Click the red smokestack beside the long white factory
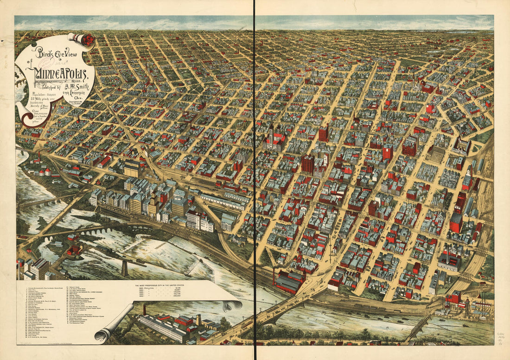[x=144, y=309]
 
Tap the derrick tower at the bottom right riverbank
[x=467, y=307]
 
